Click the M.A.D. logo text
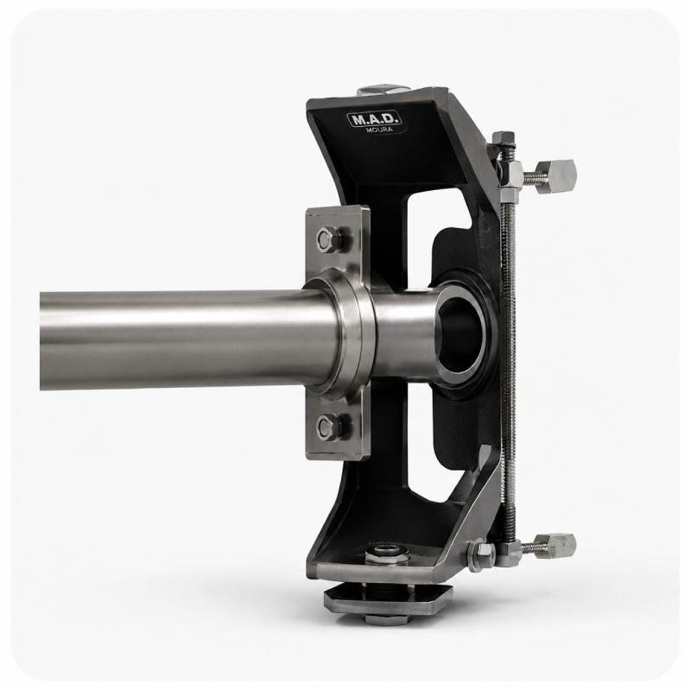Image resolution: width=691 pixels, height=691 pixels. [x=374, y=120]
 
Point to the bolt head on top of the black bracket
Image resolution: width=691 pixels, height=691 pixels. [x=381, y=90]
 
